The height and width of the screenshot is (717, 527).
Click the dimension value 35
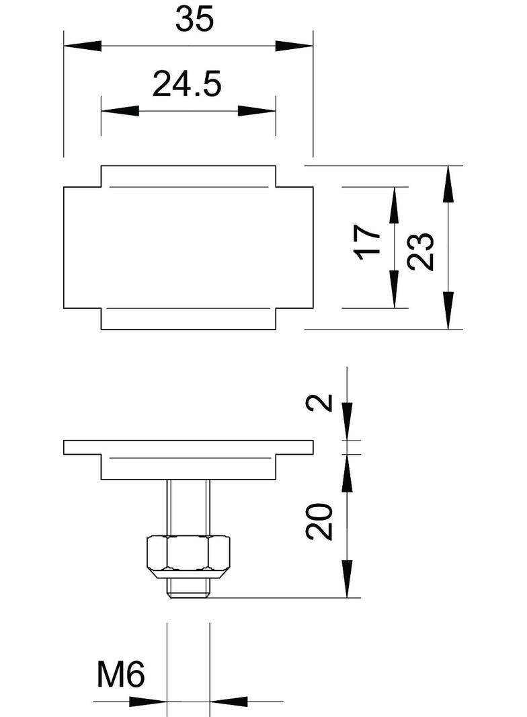[194, 20]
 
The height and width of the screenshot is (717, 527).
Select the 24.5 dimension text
[186, 85]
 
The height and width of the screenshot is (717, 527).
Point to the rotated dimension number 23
[421, 251]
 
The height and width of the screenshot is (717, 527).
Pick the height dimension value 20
[320, 521]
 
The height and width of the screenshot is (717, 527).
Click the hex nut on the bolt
[189, 554]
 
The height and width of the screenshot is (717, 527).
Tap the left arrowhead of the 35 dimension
[83, 46]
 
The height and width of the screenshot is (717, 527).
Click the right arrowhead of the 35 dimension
[294, 46]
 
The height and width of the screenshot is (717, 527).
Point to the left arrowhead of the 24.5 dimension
[120, 111]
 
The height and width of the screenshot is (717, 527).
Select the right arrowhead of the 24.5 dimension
[257, 111]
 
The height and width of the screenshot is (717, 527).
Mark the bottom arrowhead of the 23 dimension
[448, 310]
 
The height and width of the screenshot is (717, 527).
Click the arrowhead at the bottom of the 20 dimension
[347, 578]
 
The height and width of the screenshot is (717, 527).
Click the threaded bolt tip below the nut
[189, 589]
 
